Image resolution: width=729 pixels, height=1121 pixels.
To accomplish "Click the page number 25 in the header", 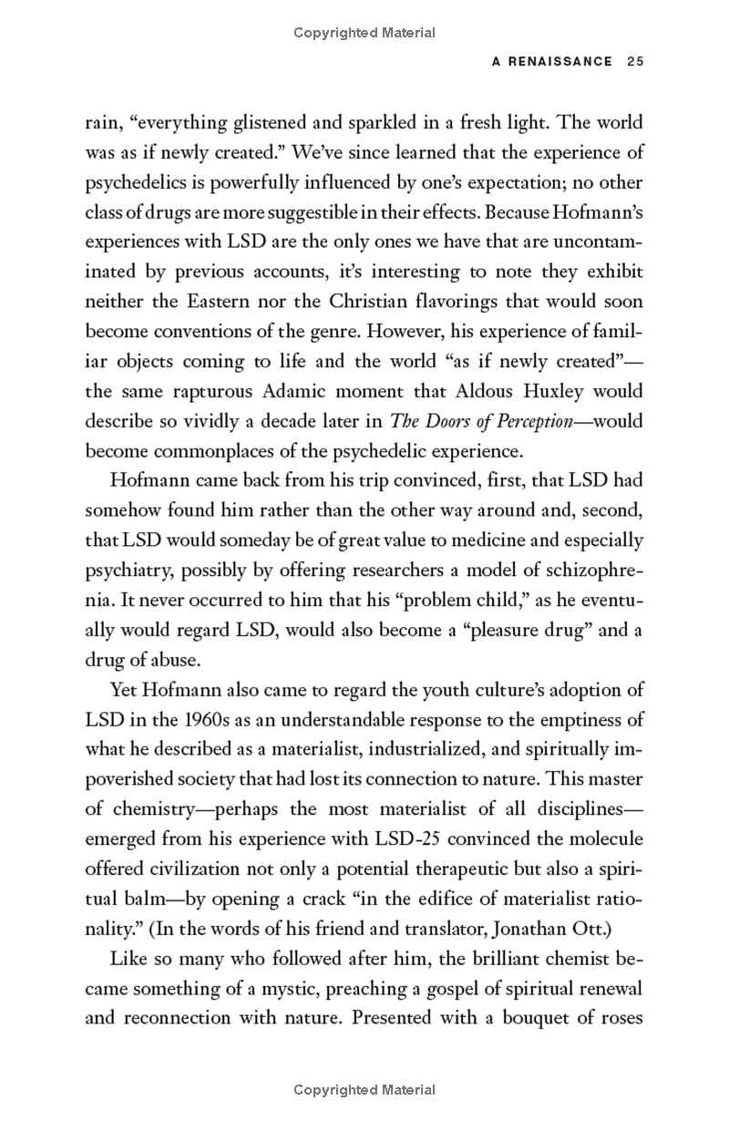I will point(635,62).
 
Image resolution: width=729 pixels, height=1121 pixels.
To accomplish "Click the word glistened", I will point(289,122).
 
